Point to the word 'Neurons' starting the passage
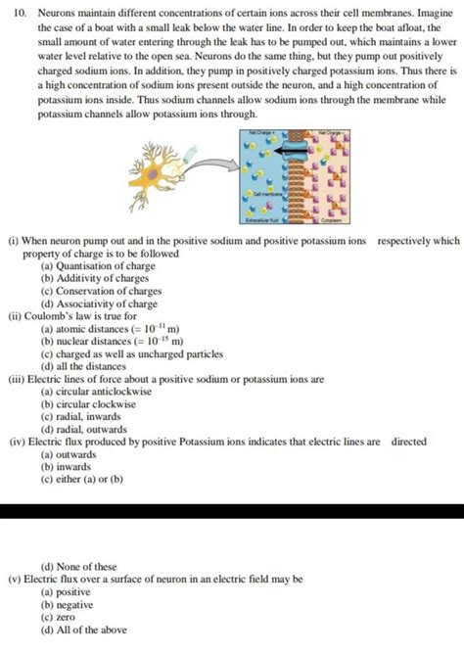[x=58, y=14]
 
